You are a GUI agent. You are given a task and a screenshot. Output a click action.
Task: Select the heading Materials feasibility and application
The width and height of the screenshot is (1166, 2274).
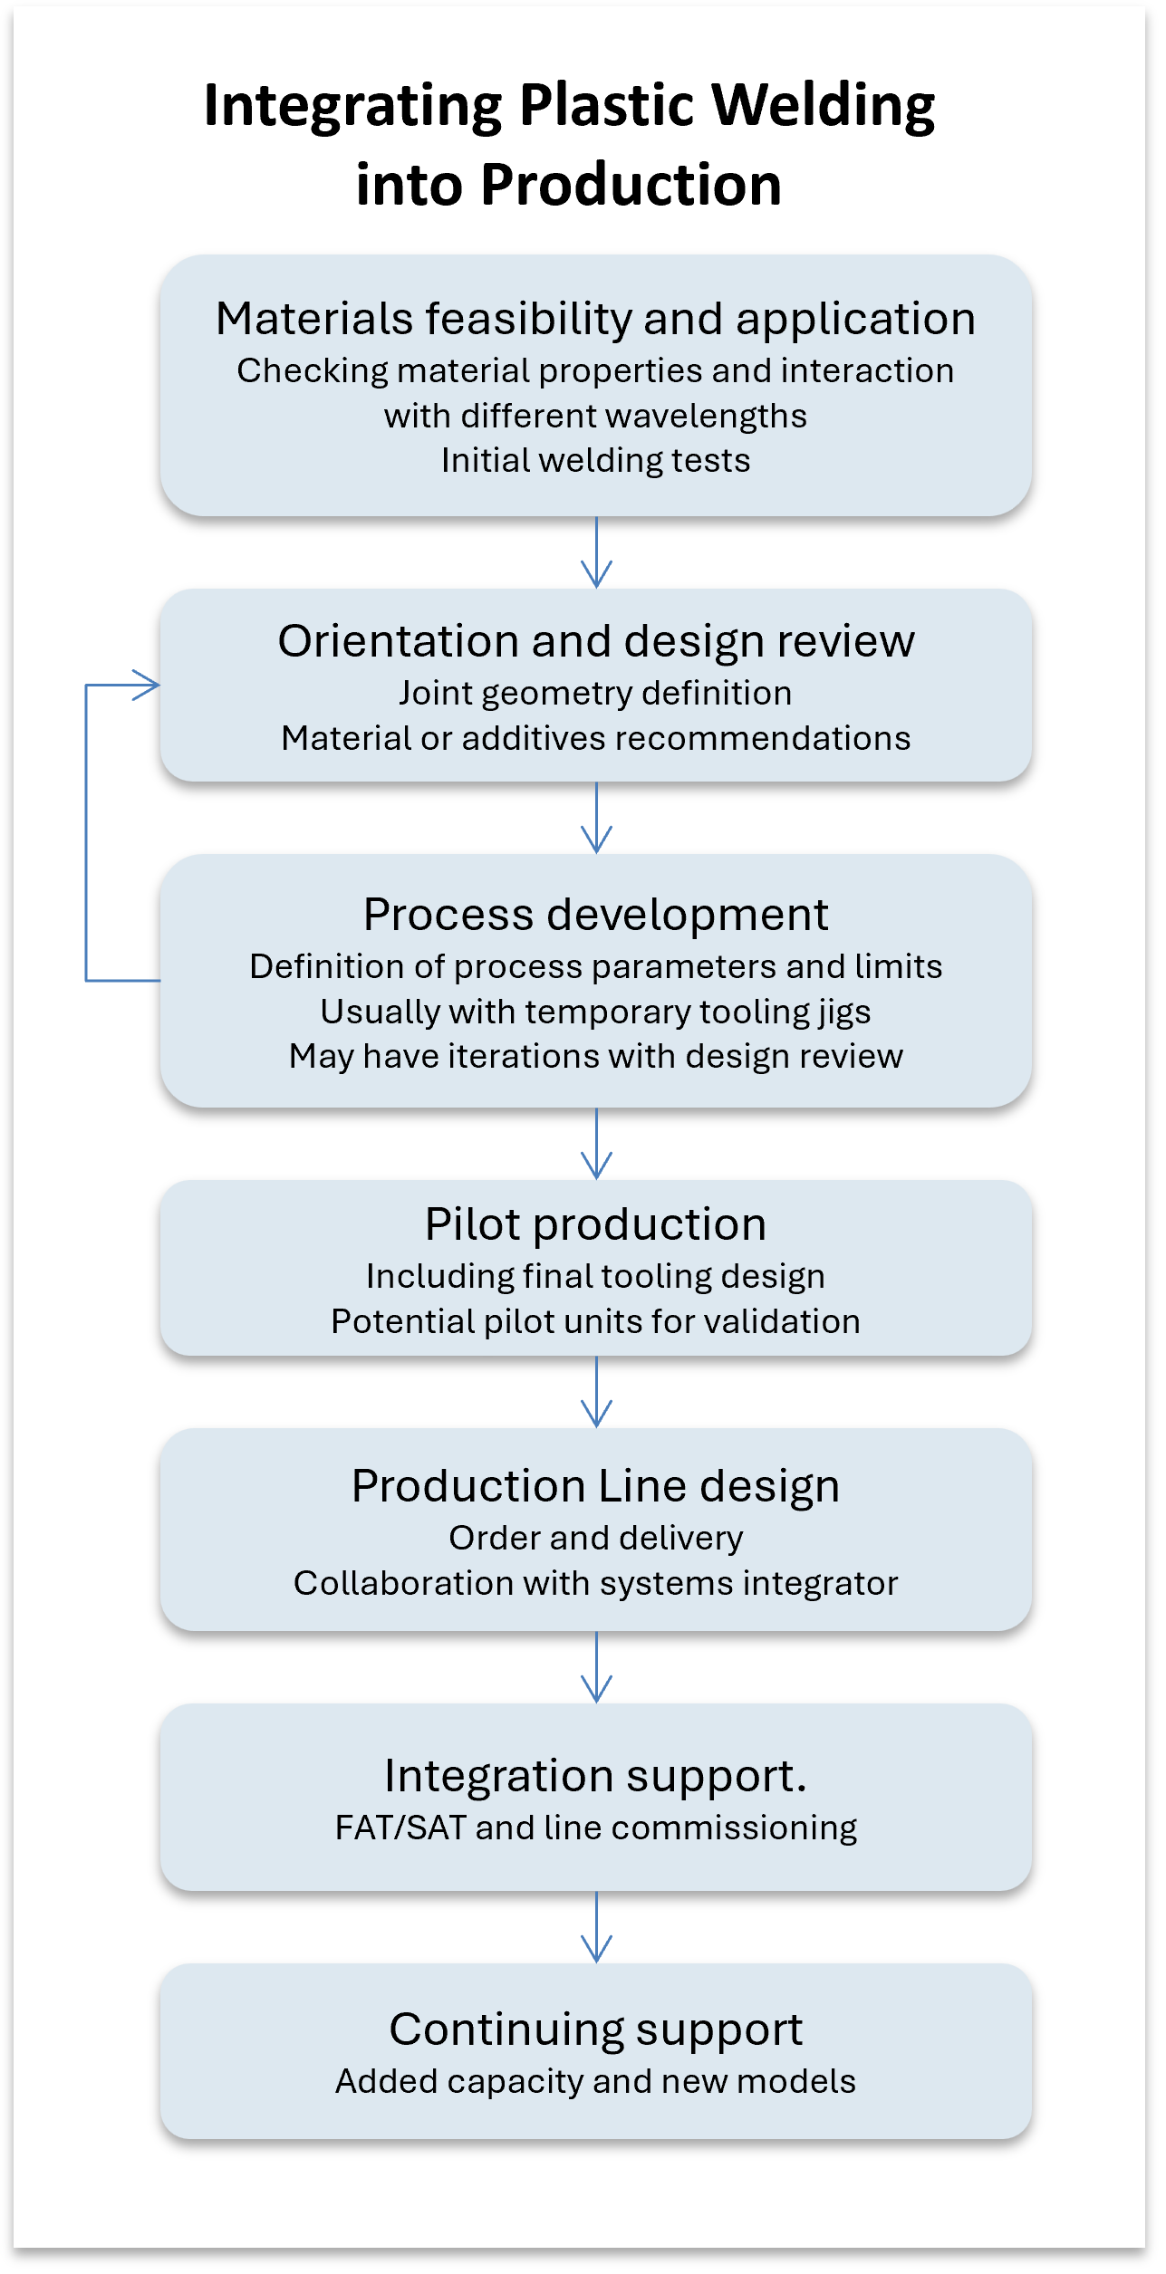click(595, 319)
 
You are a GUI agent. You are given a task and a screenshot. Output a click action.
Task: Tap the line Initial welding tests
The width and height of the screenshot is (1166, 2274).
click(595, 461)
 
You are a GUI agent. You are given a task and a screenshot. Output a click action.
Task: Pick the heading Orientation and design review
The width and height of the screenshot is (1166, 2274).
click(595, 641)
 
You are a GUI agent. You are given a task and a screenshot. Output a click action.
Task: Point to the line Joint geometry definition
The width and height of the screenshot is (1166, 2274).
click(595, 694)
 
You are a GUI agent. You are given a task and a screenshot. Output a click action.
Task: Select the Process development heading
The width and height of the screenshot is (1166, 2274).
click(595, 915)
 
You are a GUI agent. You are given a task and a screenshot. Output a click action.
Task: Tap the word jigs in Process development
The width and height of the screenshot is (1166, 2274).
click(843, 1012)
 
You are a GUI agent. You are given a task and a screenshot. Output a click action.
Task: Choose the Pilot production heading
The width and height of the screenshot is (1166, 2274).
click(595, 1224)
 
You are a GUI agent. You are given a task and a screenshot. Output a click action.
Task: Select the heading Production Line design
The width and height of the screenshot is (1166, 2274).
click(595, 1486)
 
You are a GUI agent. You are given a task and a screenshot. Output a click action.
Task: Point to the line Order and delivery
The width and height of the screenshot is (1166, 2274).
click(595, 1539)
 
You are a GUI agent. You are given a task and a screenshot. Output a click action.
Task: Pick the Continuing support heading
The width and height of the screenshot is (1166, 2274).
click(595, 2029)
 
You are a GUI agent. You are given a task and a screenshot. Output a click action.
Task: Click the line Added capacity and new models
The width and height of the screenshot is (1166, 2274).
click(595, 2082)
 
